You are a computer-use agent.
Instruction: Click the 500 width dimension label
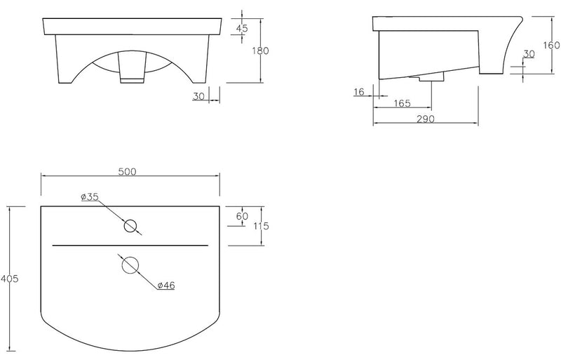click(x=126, y=171)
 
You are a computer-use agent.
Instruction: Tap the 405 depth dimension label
click(x=9, y=279)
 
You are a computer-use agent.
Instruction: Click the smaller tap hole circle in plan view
click(x=130, y=226)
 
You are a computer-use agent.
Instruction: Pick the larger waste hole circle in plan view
click(x=130, y=265)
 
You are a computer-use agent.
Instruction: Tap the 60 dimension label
click(x=242, y=216)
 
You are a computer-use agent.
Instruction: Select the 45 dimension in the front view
click(x=243, y=28)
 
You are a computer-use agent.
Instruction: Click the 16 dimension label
click(x=360, y=92)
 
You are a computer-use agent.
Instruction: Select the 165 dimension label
click(x=402, y=104)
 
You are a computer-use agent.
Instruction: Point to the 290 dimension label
click(x=424, y=119)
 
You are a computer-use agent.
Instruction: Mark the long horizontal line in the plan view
click(x=130, y=245)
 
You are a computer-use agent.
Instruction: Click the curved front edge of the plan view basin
click(x=130, y=349)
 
